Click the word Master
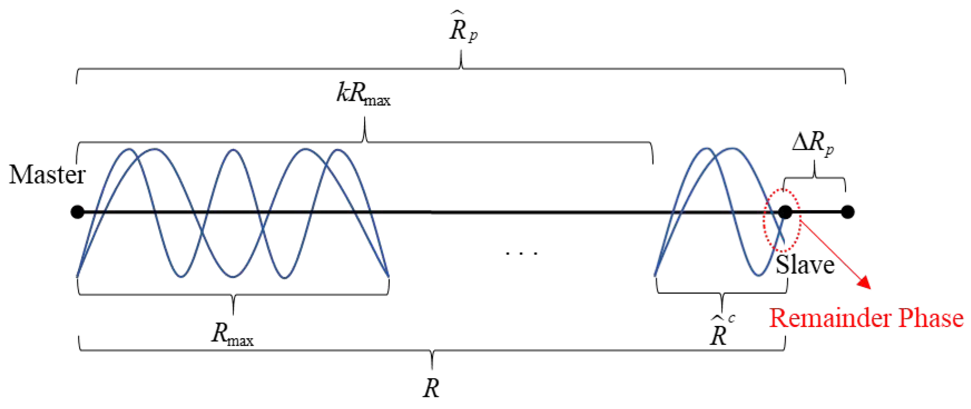(47, 175)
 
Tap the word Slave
(805, 265)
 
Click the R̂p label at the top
(463, 30)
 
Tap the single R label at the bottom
(431, 388)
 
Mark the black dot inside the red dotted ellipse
(785, 212)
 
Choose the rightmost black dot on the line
(847, 212)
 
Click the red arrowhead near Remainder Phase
(865, 283)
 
